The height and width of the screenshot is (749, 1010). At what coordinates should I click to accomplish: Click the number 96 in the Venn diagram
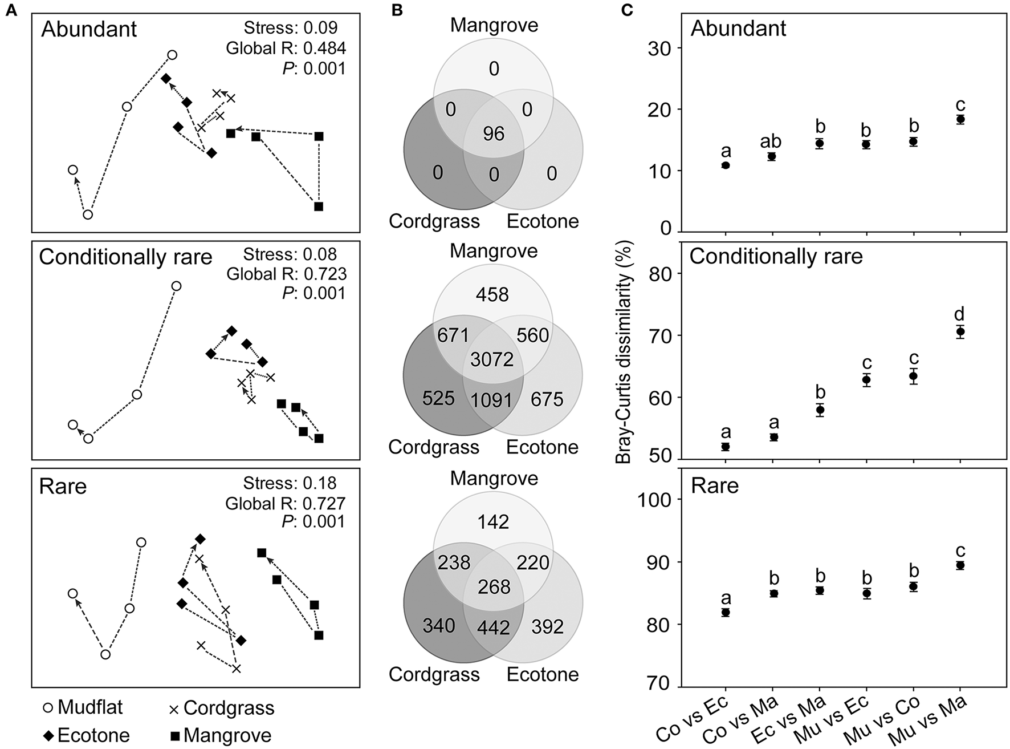[494, 133]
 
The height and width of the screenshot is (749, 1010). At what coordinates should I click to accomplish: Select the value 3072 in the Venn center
[492, 359]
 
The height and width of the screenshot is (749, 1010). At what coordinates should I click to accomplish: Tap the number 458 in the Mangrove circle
[493, 294]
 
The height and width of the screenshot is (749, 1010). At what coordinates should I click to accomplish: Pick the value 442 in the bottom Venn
[494, 627]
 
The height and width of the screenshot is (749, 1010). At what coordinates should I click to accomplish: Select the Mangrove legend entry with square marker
[219, 735]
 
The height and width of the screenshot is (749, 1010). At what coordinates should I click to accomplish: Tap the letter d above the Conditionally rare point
[960, 313]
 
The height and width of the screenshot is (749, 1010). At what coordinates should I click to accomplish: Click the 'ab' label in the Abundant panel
[772, 141]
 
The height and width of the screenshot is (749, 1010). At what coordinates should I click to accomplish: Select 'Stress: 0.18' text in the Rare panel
[290, 483]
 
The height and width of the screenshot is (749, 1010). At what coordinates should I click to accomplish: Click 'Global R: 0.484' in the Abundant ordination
[286, 48]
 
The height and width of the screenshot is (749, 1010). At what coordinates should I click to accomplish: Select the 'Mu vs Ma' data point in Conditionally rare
[960, 331]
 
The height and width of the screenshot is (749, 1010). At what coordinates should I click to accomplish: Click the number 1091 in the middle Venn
[492, 400]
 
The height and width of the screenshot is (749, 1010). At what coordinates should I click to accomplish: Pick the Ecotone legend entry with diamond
[86, 735]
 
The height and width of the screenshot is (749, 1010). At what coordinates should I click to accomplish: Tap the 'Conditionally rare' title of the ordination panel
[125, 257]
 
